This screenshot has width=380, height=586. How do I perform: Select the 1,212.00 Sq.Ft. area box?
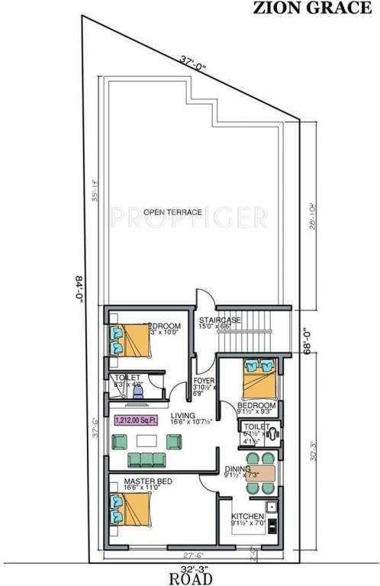tap(136, 420)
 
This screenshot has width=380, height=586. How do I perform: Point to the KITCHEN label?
tap(247, 516)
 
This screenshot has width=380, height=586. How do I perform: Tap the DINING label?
tap(238, 471)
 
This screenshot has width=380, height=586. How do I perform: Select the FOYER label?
tap(203, 380)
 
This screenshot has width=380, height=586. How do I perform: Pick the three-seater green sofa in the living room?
tap(147, 459)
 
